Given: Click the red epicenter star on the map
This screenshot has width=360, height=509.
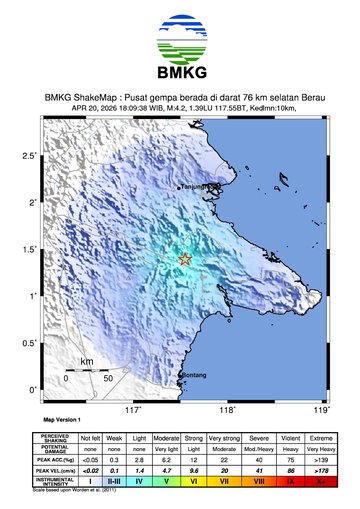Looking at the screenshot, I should [185, 259].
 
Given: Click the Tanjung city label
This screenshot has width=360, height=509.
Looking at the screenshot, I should [192, 186].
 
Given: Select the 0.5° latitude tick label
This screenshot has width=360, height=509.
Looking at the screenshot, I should [30, 343].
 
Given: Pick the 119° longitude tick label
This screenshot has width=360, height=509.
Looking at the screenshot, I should [321, 408].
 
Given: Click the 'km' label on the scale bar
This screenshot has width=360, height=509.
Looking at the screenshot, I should [87, 361].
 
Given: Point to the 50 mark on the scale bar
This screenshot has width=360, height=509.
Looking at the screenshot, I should [107, 379].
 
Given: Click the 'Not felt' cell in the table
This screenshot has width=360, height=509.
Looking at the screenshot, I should [90, 438].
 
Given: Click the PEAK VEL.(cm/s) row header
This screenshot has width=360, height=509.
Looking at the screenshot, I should [54, 468].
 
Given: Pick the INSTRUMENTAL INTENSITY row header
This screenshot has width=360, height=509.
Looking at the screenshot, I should [54, 481].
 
